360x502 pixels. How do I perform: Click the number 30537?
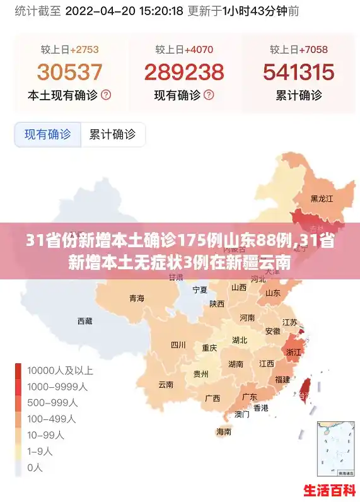(69, 72)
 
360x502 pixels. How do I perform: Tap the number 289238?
(184, 72)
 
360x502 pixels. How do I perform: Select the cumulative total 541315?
(299, 72)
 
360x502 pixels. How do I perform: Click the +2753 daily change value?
(84, 49)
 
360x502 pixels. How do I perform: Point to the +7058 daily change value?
(313, 49)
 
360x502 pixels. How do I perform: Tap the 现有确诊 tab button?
(48, 134)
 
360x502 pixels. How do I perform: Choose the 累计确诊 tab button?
(112, 134)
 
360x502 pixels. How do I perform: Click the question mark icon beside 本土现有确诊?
(106, 95)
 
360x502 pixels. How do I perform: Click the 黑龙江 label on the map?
(322, 198)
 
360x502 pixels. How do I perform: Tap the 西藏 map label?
(84, 321)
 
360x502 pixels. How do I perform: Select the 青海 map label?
(137, 298)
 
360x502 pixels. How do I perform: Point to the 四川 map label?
(178, 344)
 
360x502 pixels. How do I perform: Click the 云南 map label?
(166, 384)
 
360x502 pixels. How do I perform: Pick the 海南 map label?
(224, 432)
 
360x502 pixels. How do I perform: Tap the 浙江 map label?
(294, 352)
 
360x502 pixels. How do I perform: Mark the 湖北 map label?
(240, 341)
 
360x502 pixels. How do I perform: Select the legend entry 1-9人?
(46, 451)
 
